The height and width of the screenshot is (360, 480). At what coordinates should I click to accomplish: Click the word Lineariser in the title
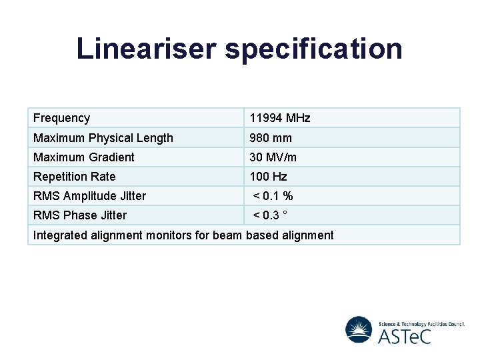145,49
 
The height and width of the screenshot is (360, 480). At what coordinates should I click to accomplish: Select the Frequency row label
61,118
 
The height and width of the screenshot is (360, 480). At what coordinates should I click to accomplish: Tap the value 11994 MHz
280,118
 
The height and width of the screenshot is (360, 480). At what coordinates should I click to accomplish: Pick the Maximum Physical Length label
103,138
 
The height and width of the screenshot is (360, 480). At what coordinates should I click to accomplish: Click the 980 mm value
271,138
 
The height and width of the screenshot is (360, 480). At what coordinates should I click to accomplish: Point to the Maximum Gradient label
83,157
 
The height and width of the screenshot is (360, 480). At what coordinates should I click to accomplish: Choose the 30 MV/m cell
273,157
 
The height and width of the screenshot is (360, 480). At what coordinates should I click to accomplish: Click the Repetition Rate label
74,177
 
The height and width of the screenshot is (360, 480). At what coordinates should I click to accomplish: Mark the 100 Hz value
268,177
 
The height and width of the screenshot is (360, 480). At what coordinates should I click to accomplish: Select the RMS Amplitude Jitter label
89,196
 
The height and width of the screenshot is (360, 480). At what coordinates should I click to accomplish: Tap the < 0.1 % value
273,196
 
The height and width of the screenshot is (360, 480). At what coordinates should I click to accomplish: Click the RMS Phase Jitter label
79,215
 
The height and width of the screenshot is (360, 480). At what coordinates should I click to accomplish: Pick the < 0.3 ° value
270,215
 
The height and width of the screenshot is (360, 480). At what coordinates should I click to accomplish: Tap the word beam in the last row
228,235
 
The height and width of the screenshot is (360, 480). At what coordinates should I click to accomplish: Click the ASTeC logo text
404,335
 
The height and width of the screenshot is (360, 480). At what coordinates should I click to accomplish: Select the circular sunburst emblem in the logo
359,329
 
